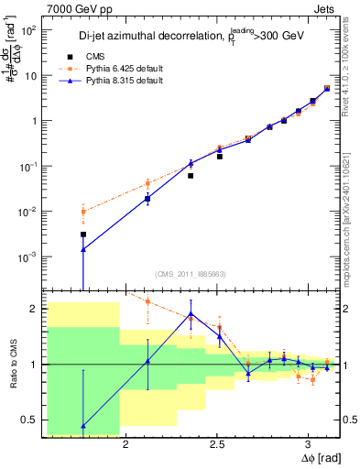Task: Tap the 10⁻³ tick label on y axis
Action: (x=28, y=256)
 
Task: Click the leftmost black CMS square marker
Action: (x=83, y=234)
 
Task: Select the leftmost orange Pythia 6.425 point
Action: (x=83, y=212)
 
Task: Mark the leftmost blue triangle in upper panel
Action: (x=83, y=249)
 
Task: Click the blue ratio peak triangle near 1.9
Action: (x=191, y=313)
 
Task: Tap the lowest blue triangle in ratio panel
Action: (x=83, y=426)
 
